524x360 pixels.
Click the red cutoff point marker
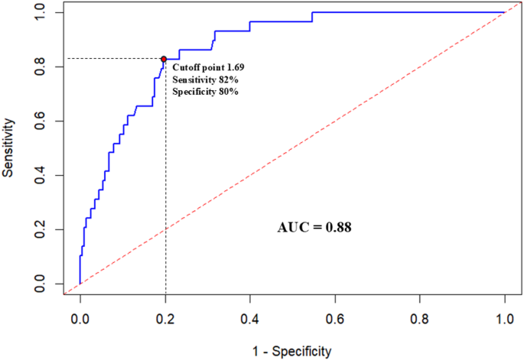pyautogui.click(x=164, y=59)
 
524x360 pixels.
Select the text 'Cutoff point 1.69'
pyautogui.click(x=208, y=67)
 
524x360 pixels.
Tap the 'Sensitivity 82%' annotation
pyautogui.click(x=205, y=79)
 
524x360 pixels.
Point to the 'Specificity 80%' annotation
pyautogui.click(x=205, y=92)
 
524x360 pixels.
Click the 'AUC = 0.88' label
pyautogui.click(x=314, y=228)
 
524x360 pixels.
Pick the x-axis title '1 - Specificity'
pyautogui.click(x=291, y=352)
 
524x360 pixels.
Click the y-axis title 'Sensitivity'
pyautogui.click(x=8, y=148)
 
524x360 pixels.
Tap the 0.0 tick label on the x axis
pyautogui.click(x=80, y=319)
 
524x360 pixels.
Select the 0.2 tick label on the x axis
pyautogui.click(x=165, y=319)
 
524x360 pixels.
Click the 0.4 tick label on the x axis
pyautogui.click(x=250, y=319)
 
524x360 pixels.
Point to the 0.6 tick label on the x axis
pyautogui.click(x=335, y=319)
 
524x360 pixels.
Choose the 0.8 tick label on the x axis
pyautogui.click(x=420, y=319)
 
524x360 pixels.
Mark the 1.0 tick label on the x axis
pyautogui.click(x=505, y=319)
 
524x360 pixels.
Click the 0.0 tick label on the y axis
pyautogui.click(x=40, y=284)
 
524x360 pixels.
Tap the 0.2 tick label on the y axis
pyautogui.click(x=40, y=230)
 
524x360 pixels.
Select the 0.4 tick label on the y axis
pyautogui.click(x=40, y=175)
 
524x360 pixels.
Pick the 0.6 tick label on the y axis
pyautogui.click(x=40, y=122)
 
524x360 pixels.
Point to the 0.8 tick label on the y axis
pyautogui.click(x=40, y=66)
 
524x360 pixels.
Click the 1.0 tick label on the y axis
pyautogui.click(x=40, y=13)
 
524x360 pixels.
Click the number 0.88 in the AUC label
pyautogui.click(x=339, y=228)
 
